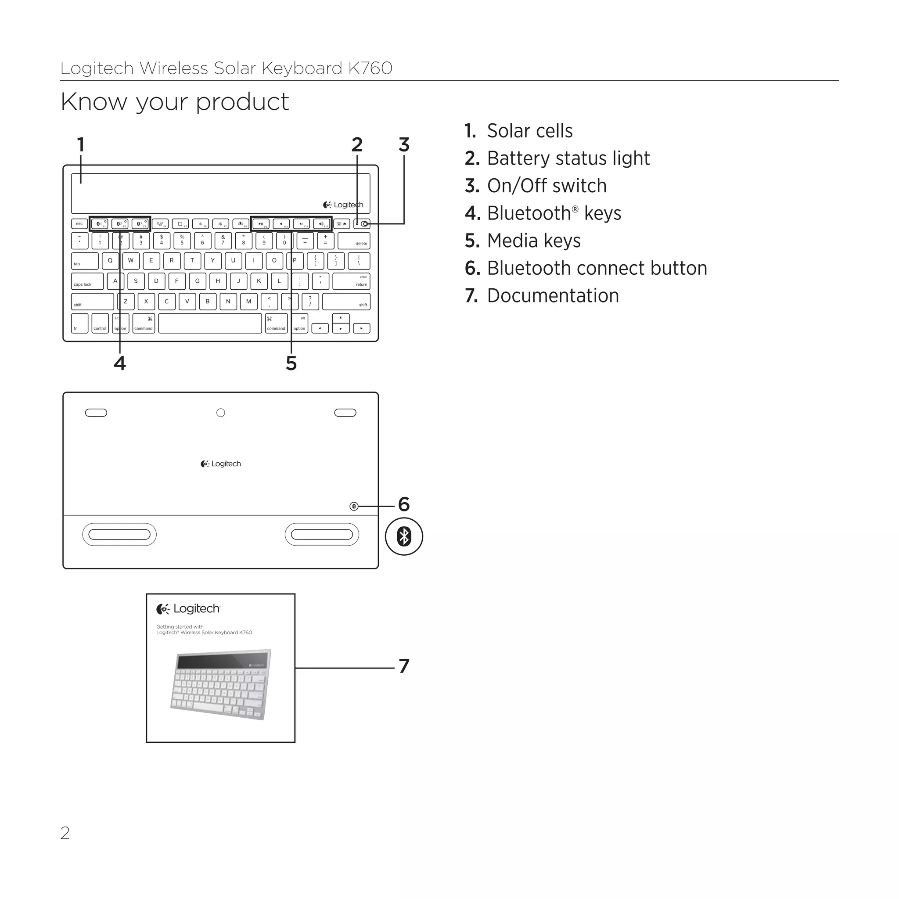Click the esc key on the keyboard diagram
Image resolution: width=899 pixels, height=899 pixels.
[x=79, y=224]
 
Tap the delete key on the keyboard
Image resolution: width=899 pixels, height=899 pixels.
[x=354, y=241]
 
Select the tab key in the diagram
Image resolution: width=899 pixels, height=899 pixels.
[x=85, y=261]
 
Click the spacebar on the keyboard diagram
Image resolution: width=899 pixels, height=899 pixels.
[x=210, y=323]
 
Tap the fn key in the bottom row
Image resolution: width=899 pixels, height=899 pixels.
[x=79, y=323]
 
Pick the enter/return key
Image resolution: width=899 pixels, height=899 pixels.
[x=351, y=281]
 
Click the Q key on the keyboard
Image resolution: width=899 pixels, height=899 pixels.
[x=110, y=261]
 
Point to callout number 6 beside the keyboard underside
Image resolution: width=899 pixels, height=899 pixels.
[x=404, y=504]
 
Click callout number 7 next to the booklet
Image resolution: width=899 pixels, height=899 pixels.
[x=404, y=666]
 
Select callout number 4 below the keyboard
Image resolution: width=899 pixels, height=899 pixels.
[x=119, y=363]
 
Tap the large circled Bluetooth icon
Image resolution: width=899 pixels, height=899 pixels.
[x=404, y=536]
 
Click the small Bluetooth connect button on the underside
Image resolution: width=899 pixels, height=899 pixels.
[x=354, y=506]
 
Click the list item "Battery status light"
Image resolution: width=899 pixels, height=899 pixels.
[x=568, y=158]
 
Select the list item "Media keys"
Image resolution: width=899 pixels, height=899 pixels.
[x=534, y=241]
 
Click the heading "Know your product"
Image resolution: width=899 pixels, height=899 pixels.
[x=175, y=101]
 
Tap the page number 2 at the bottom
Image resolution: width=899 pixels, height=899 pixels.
[x=65, y=833]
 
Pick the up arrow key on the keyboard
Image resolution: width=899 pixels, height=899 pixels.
[x=341, y=318]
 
